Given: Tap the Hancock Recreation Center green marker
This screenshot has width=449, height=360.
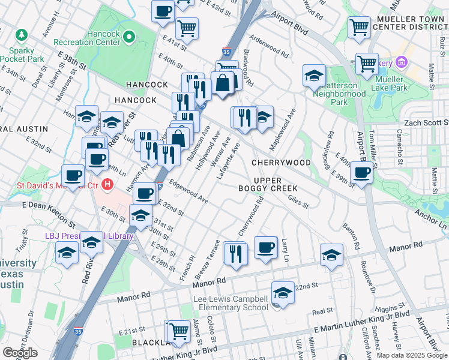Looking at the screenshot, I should (128, 38).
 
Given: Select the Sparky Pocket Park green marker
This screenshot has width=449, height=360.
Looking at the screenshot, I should (22, 37).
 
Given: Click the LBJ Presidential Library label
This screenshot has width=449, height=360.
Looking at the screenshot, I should (89, 236).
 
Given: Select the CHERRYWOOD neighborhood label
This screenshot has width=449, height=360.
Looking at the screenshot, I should (281, 163).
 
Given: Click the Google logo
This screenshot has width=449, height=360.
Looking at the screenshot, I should (20, 353).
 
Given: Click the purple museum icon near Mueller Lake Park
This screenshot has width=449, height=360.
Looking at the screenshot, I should (401, 62).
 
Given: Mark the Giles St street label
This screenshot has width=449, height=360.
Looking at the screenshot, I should (298, 205).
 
